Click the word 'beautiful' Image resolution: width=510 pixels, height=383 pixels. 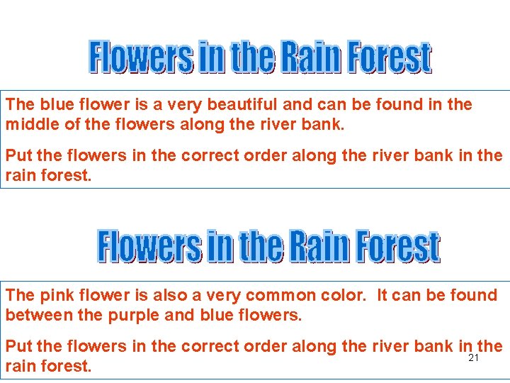pos(241,105)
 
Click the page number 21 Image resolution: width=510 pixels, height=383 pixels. pos(474,358)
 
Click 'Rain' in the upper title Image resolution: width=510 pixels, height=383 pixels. pos(308,58)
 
